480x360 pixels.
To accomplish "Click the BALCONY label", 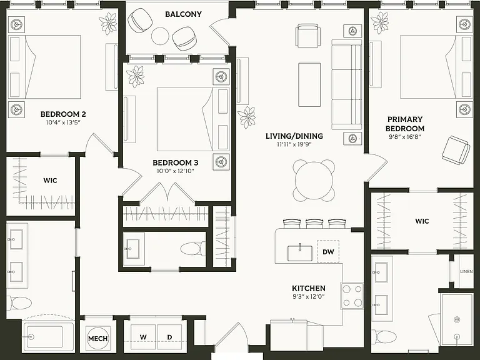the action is coord(183,14).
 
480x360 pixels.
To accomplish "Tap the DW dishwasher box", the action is coord(328,251).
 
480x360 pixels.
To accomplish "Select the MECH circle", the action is coord(97,339).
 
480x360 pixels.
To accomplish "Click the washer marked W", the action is coord(143,337).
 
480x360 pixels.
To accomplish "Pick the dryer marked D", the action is coord(169,337).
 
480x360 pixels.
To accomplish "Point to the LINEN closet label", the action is coord(466,271).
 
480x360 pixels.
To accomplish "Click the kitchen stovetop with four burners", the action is coord(352,296).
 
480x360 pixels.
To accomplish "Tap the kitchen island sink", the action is coord(300,253).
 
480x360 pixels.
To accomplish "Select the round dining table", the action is coord(314,181).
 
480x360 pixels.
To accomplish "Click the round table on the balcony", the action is coord(160,36).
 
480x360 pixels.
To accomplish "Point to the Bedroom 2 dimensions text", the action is coord(63,122).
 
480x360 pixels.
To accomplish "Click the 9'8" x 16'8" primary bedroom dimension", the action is coord(405,137).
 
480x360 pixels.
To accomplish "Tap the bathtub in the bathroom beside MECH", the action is coord(47,336).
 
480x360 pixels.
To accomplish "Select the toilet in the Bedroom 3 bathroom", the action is coord(193,249).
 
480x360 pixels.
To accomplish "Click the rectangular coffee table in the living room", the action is coord(309,85).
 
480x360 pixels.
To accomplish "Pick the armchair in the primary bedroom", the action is coord(456,150).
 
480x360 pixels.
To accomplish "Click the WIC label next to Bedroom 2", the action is coord(50,180).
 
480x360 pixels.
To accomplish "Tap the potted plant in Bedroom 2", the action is coord(107,24).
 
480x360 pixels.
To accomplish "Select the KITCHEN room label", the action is coord(309,288).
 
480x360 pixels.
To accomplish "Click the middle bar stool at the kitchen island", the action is coord(314,224).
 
